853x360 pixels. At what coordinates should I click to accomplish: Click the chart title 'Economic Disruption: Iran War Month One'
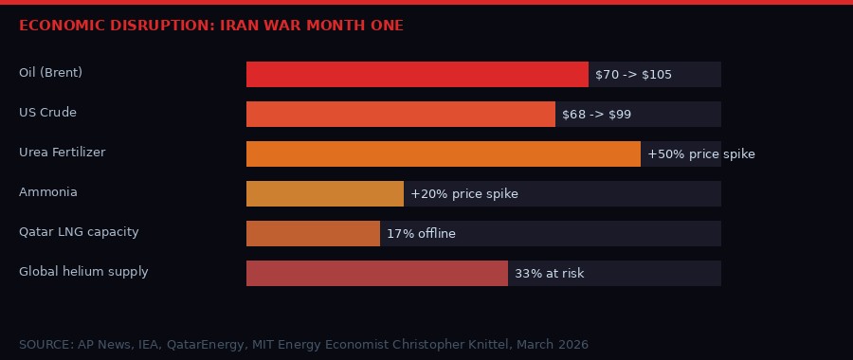(x=210, y=26)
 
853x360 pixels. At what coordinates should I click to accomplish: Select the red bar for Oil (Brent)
(x=417, y=75)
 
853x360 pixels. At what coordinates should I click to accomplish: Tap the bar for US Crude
(x=400, y=115)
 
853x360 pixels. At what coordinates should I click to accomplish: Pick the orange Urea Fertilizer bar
(x=443, y=154)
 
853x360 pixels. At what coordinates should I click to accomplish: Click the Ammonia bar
(x=324, y=194)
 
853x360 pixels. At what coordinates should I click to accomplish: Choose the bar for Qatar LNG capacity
(x=313, y=234)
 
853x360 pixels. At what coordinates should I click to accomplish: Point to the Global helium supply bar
(x=376, y=274)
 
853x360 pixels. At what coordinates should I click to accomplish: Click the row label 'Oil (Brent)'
(x=50, y=73)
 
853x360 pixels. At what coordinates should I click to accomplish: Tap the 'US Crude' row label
(x=47, y=113)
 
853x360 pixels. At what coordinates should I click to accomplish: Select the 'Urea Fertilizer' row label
(x=62, y=153)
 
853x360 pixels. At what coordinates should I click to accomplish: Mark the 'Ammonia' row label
(x=47, y=192)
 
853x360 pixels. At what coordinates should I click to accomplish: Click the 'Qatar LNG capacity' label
(x=79, y=232)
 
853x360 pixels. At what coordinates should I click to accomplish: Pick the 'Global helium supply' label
(x=83, y=272)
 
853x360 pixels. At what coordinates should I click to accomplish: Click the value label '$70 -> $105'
(x=633, y=75)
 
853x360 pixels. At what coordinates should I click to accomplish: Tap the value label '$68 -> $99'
(x=596, y=115)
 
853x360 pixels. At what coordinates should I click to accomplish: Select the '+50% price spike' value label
(x=700, y=154)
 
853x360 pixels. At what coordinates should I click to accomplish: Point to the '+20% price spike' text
(x=463, y=194)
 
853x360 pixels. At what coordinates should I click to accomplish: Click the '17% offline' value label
(x=421, y=234)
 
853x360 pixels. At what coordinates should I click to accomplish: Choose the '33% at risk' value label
(x=549, y=274)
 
